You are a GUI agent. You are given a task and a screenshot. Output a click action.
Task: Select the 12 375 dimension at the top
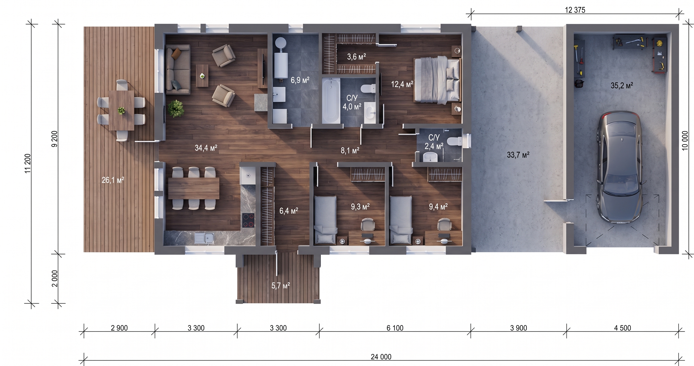(x=575, y=10)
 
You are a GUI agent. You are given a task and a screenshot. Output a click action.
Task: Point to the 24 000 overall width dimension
(x=381, y=357)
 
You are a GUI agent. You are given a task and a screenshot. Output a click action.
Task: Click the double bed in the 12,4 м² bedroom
(x=437, y=80)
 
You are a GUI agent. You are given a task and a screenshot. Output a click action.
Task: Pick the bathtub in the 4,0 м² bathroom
(x=331, y=100)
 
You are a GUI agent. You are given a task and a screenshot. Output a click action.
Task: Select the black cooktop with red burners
(x=248, y=220)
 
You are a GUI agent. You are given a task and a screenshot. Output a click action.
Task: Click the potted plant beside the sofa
(x=176, y=108)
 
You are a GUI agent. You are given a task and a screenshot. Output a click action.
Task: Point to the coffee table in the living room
(x=202, y=76)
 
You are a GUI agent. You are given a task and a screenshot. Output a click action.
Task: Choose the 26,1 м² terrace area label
(x=113, y=180)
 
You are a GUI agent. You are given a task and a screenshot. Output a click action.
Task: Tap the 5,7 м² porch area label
(x=280, y=285)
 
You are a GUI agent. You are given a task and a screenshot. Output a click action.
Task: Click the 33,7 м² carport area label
(x=518, y=155)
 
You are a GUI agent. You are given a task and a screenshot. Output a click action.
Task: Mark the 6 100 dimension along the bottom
(x=395, y=328)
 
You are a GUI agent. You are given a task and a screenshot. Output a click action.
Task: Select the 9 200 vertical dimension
(x=55, y=139)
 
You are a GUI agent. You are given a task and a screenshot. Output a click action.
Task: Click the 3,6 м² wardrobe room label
(x=356, y=57)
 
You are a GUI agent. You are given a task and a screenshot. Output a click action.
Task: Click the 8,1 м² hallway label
(x=350, y=150)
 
